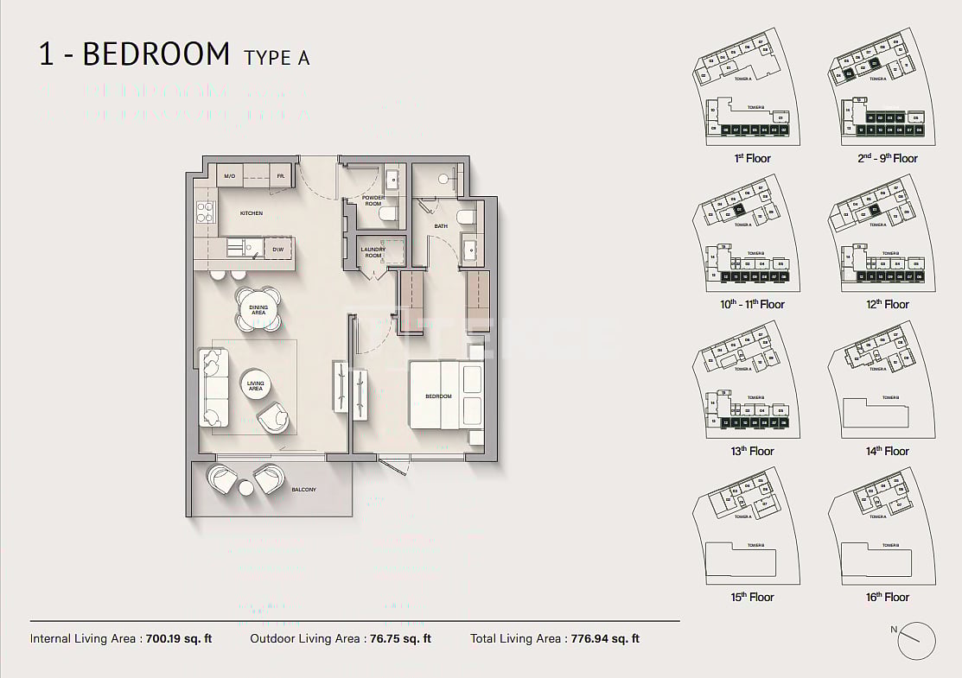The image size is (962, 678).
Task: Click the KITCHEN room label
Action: point(252,213)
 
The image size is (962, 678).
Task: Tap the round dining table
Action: point(258,309)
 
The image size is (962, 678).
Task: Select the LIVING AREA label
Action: point(256,387)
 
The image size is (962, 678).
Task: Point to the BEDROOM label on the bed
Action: point(438,396)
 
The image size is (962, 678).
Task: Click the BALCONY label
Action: point(303,490)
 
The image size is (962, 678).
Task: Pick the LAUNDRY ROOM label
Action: point(373,252)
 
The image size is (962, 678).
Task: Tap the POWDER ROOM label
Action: point(373,200)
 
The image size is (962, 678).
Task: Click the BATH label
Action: point(441,226)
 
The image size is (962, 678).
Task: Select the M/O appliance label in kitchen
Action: point(229,176)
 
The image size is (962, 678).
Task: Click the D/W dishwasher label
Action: point(278,250)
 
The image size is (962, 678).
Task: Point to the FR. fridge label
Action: point(281,176)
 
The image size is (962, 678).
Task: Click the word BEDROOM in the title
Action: point(156,54)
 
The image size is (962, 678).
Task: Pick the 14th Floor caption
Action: point(887,451)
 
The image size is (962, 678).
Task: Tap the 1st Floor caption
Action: point(752,158)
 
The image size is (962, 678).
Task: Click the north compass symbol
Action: point(916,640)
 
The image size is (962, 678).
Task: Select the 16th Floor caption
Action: point(887,597)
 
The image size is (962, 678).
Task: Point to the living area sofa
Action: point(213,387)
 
